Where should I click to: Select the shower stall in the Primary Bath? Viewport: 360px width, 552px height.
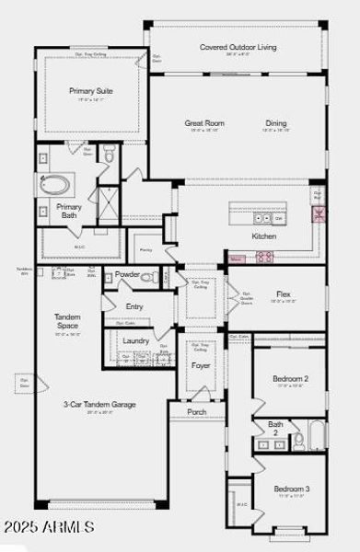pos(109,200)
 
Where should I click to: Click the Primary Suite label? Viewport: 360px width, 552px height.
pos(90,91)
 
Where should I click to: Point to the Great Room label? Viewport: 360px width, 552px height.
pos(204,122)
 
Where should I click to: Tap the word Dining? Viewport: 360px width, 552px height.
pos(276,122)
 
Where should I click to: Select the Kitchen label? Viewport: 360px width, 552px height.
pos(264,236)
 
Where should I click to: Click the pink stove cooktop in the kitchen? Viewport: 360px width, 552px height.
pos(264,258)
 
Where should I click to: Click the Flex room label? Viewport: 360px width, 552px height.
pos(284,294)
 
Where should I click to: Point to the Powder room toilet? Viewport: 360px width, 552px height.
pos(146,276)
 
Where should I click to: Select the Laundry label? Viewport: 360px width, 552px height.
pos(136,340)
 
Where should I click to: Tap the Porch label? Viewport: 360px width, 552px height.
pos(197,411)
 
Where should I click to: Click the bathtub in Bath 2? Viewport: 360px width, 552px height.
pos(317,435)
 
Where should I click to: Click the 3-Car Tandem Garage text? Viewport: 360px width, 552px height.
pos(99,404)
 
